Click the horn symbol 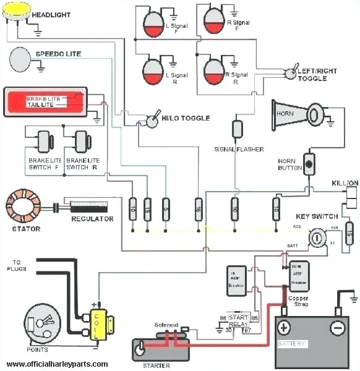coord(298,114)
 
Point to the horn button coord(308,164)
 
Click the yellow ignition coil coord(98,324)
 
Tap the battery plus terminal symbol coord(283,328)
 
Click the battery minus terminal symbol coord(337,328)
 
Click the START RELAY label coord(238,319)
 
